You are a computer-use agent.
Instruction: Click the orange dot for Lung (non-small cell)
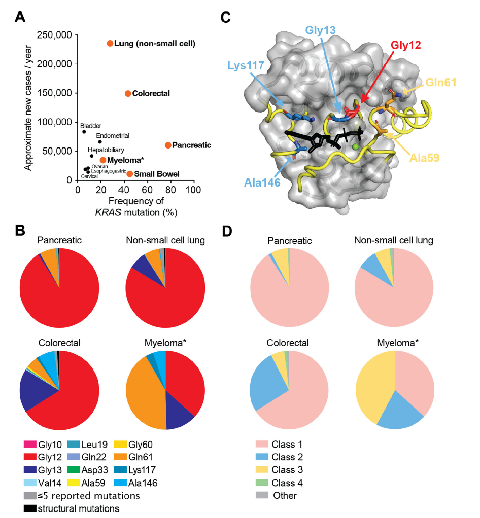pos(110,43)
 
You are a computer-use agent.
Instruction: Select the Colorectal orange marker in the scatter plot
pos(128,93)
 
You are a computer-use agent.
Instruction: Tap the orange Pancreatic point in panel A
pos(168,145)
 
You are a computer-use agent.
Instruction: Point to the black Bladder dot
pos(84,132)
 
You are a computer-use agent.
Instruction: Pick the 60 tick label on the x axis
pos(147,190)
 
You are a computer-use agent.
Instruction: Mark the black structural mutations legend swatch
pos(29,507)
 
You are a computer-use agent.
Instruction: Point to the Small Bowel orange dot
pos(130,174)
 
